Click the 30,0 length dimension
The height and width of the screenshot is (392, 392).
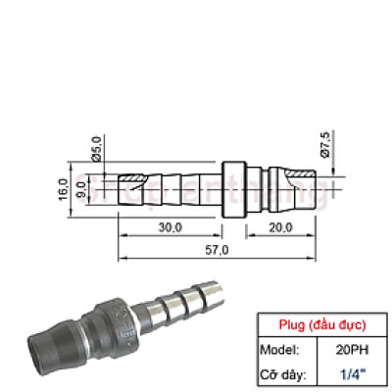(170, 227)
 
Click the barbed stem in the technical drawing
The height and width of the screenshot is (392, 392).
(176, 183)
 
